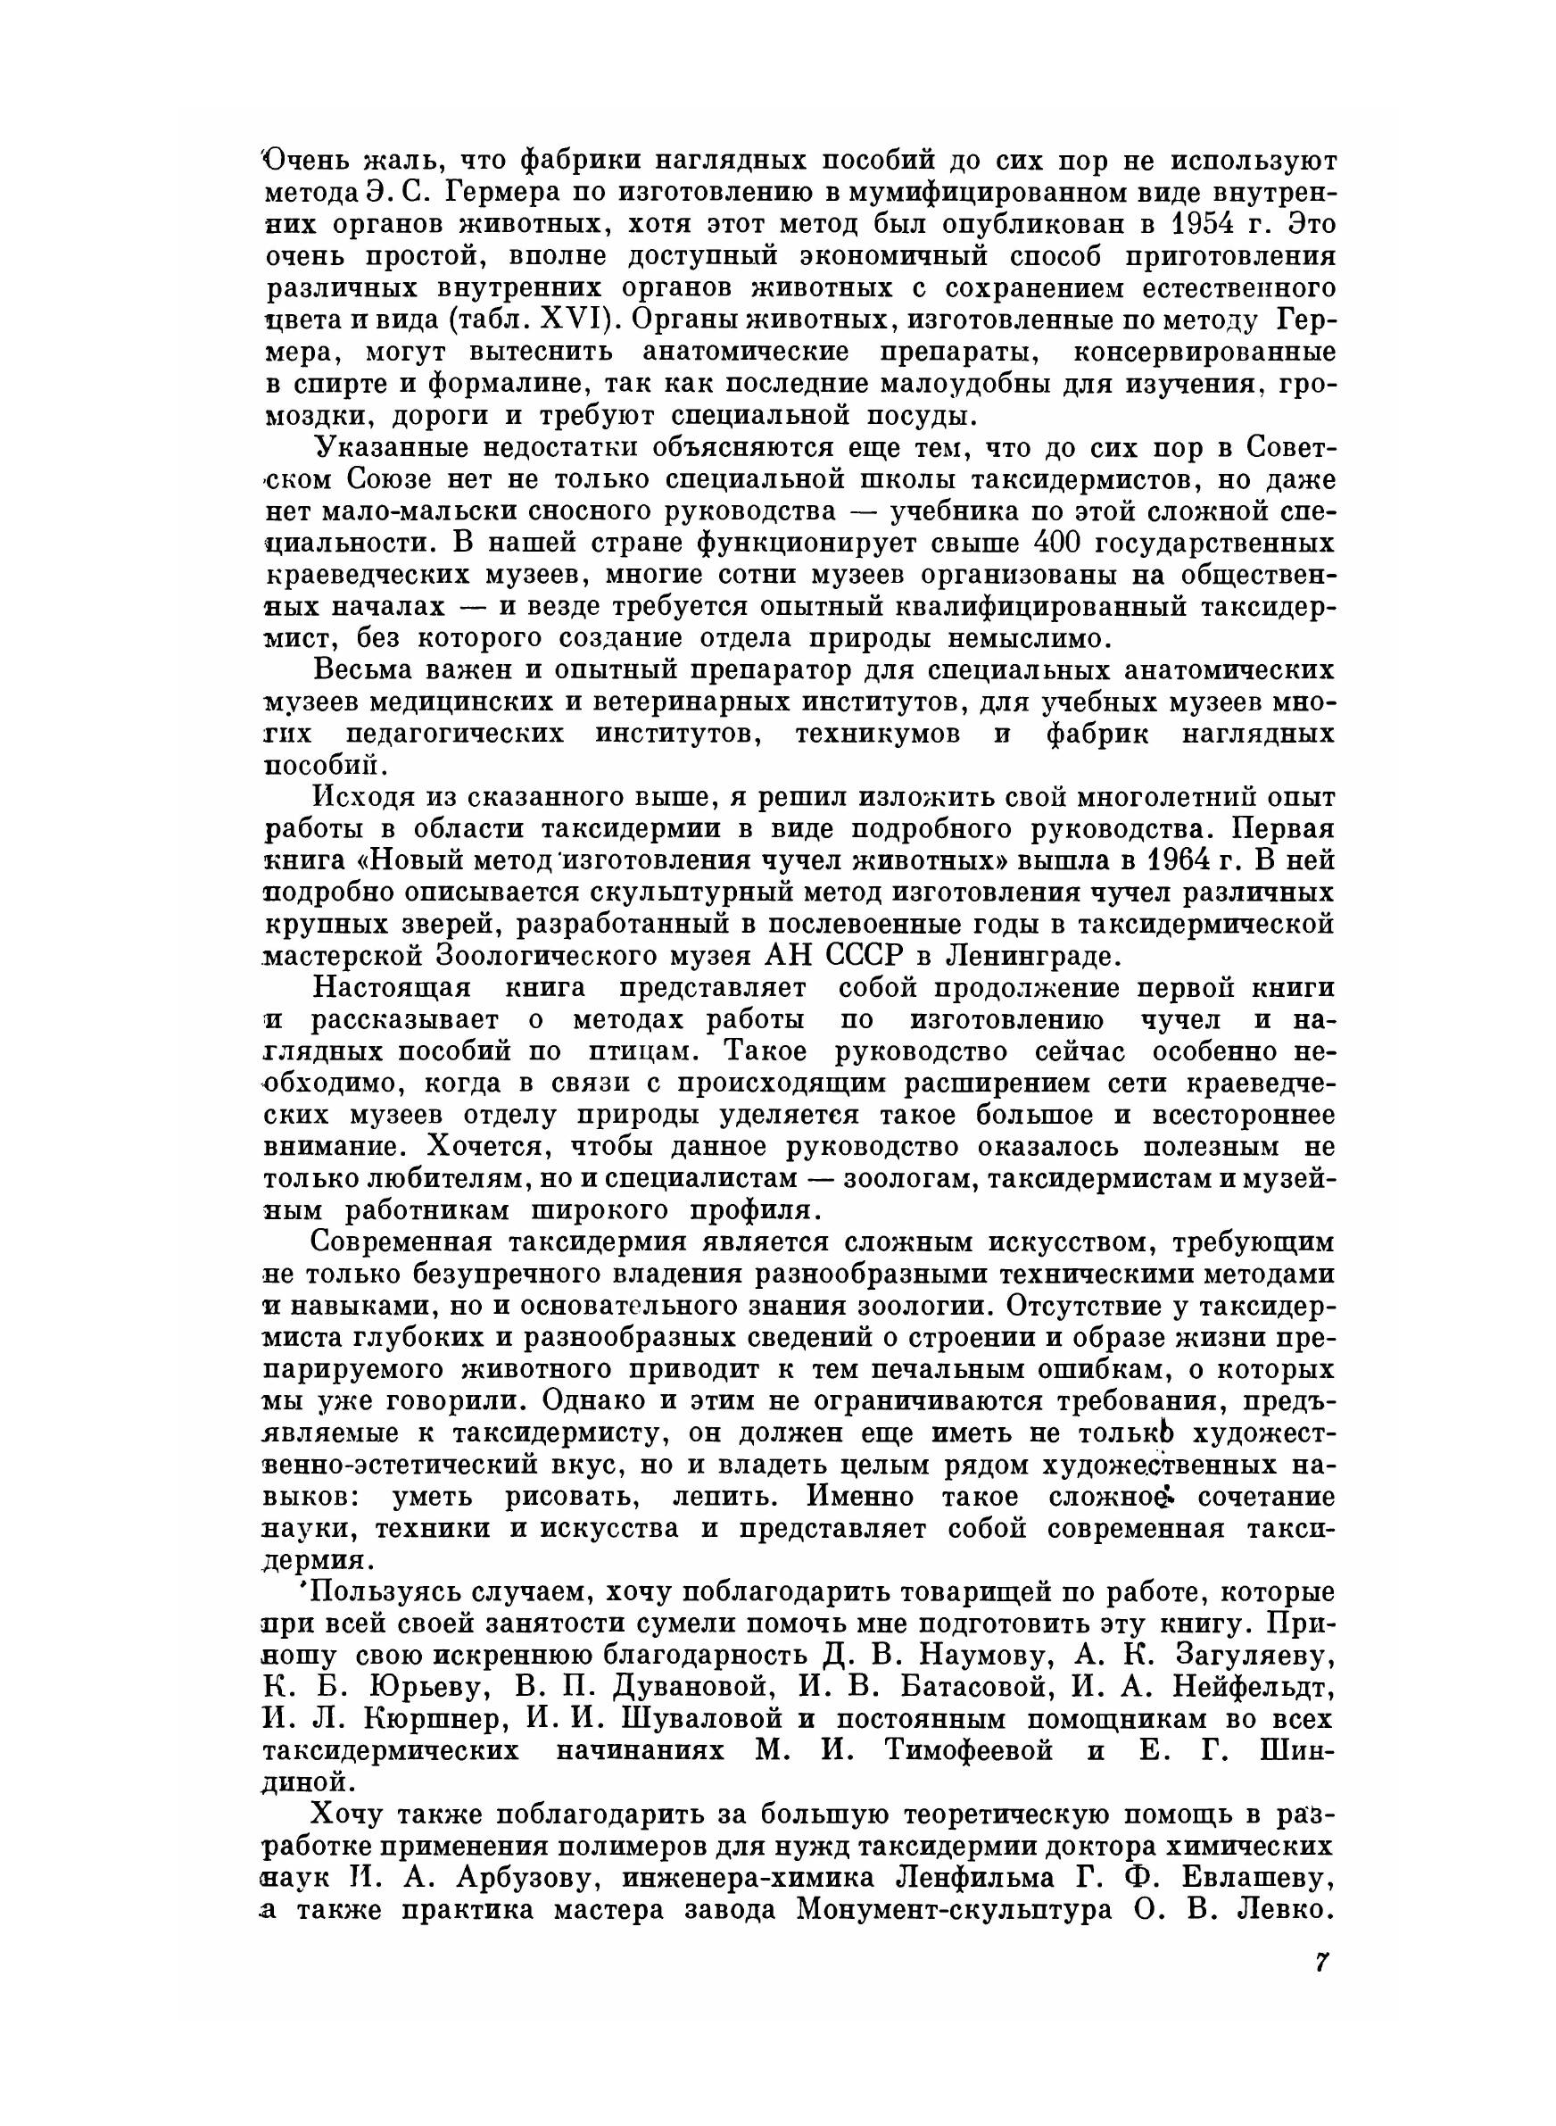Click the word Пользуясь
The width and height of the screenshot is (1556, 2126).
coord(387,1591)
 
